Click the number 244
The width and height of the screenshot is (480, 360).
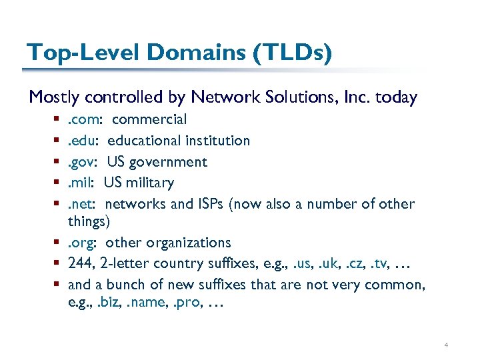81,263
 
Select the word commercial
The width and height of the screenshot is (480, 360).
149,119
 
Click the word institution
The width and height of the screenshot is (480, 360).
217,141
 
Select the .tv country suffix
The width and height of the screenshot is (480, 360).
381,264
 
